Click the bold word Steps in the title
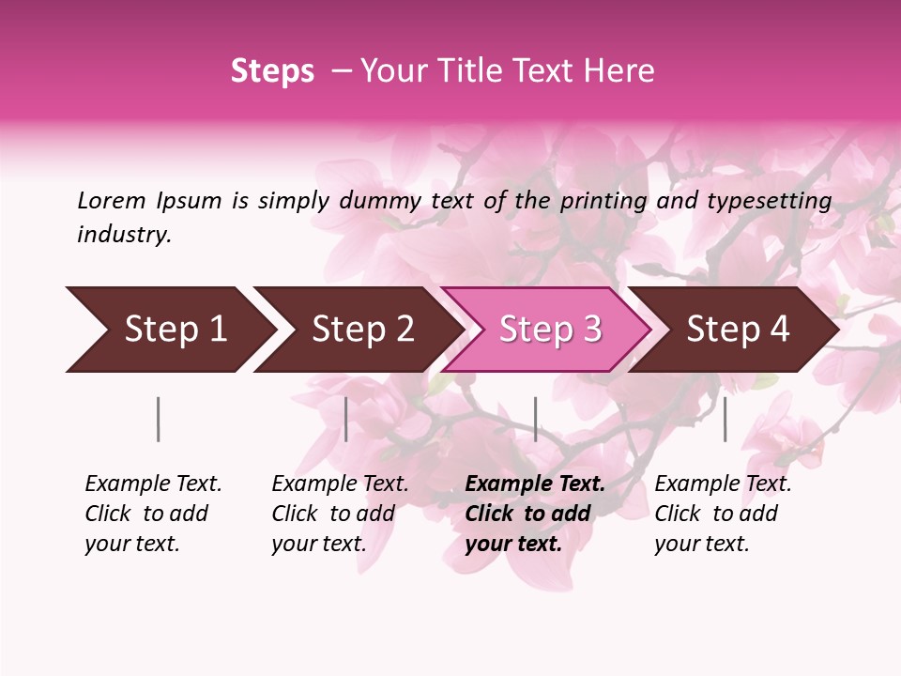pyautogui.click(x=272, y=71)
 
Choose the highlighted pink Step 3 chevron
pyautogui.click(x=550, y=330)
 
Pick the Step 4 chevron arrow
pyautogui.click(x=738, y=330)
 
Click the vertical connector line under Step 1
pyautogui.click(x=159, y=419)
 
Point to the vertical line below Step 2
pyautogui.click(x=346, y=419)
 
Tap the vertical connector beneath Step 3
pyautogui.click(x=535, y=419)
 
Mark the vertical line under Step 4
pyautogui.click(x=725, y=419)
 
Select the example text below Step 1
pyautogui.click(x=153, y=513)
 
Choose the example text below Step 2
pyautogui.click(x=340, y=513)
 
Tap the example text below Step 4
pyautogui.click(x=723, y=513)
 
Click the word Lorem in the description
pyautogui.click(x=112, y=200)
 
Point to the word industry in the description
pyautogui.click(x=124, y=235)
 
